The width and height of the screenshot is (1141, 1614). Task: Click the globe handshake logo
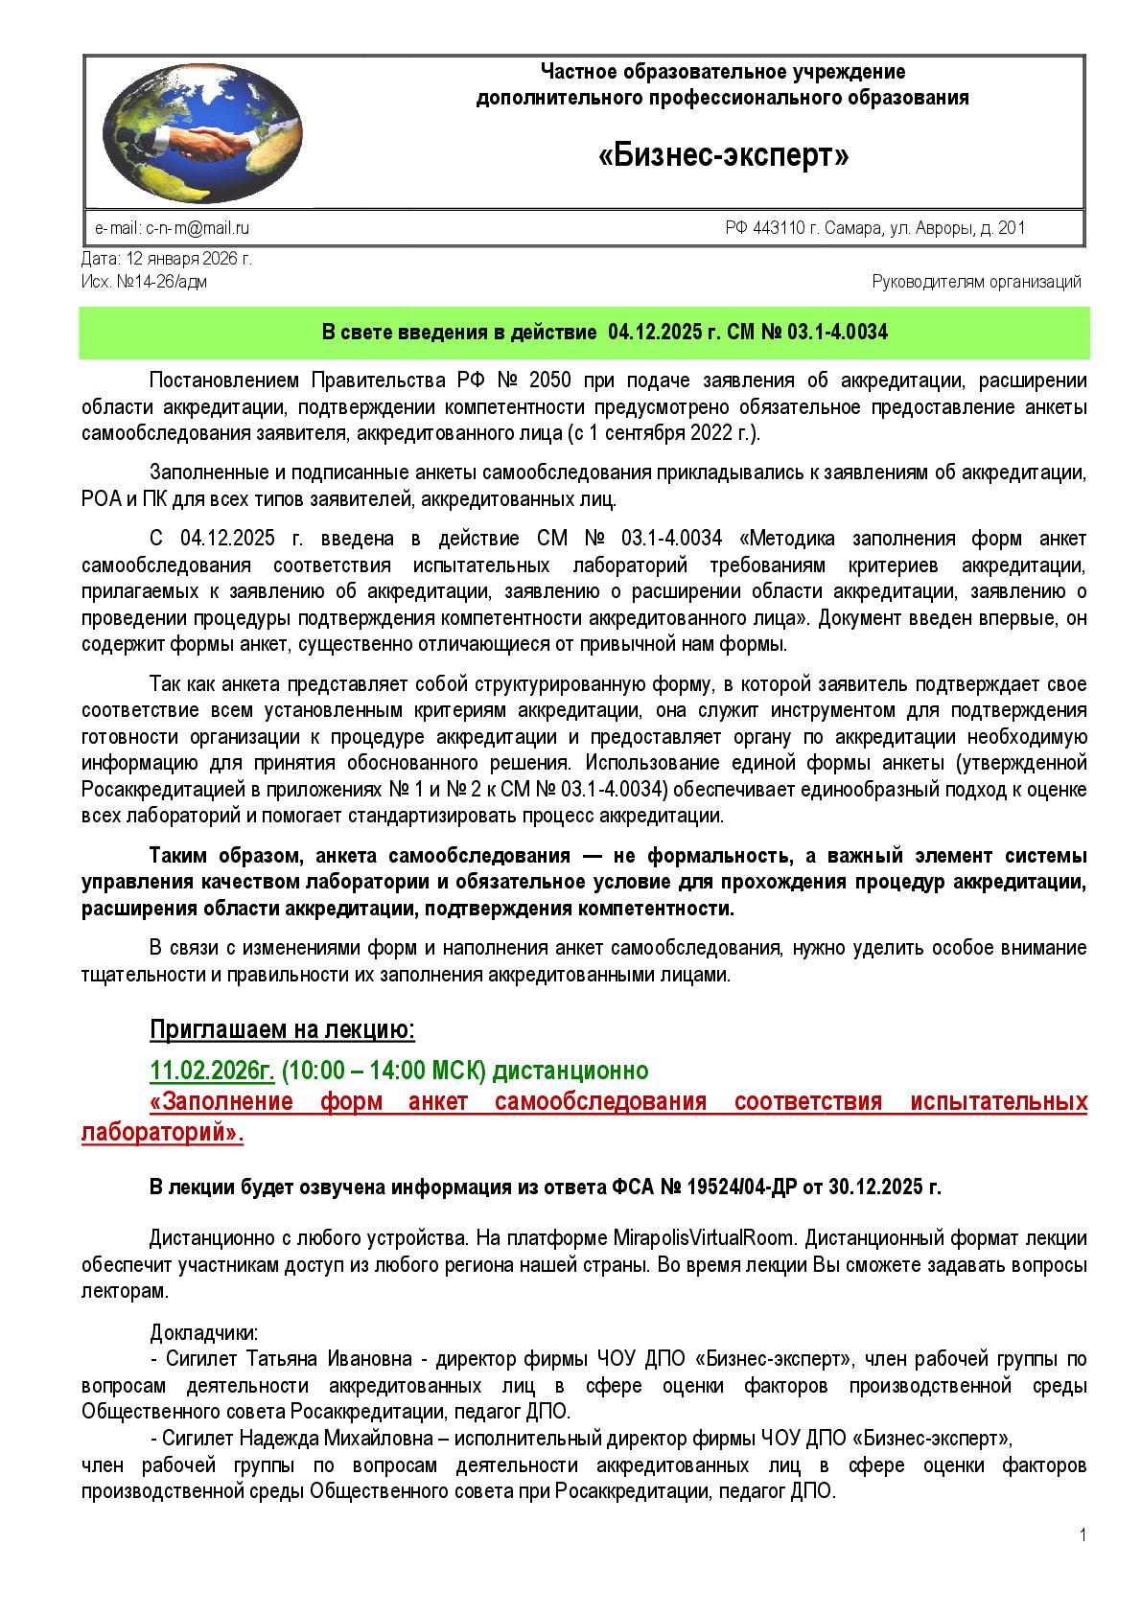(x=201, y=128)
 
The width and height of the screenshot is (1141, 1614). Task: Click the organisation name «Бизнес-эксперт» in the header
(x=724, y=156)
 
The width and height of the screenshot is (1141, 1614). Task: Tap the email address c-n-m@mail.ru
(x=198, y=228)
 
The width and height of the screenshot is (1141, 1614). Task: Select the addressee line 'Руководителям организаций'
(x=976, y=282)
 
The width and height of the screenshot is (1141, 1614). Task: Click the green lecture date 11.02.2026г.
(x=212, y=1070)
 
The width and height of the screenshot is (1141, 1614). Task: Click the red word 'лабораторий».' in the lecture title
(x=163, y=1132)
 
